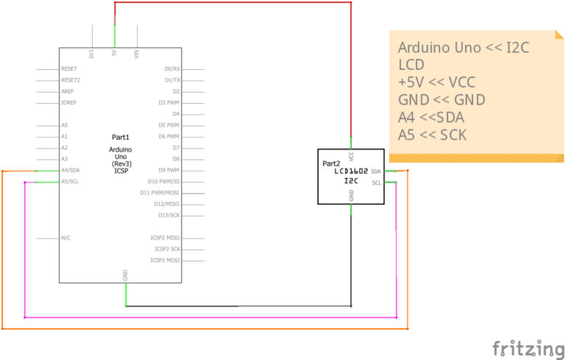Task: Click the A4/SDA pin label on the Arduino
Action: point(71,170)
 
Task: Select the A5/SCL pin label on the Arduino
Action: point(71,181)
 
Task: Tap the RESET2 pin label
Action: point(71,80)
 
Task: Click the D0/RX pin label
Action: point(172,68)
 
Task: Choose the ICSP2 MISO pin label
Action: point(165,238)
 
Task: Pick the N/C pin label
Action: point(66,238)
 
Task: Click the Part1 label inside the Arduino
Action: point(121,137)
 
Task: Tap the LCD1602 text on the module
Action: point(350,171)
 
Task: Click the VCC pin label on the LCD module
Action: point(352,156)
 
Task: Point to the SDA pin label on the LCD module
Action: point(376,171)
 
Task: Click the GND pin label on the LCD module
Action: point(352,195)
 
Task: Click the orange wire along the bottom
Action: point(206,328)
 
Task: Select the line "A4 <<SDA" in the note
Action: point(431,117)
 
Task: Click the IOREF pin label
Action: point(69,102)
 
